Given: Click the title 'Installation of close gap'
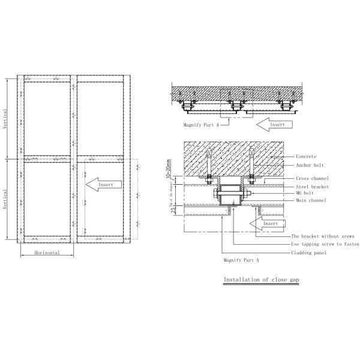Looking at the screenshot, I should coord(260,280).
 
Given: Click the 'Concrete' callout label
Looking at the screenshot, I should coord(306,156).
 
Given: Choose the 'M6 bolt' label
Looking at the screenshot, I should coord(305,193).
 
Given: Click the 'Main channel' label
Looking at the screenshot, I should coord(311,200).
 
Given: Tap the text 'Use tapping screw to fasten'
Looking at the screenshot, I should coord(323,245).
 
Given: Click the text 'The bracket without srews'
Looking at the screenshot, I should coord(321,237).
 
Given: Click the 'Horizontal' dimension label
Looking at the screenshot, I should coord(47,253).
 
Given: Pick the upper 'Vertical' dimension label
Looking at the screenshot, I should coord(6,119).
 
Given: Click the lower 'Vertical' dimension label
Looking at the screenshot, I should coord(6,199).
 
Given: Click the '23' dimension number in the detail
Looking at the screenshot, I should coord(170,209).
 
